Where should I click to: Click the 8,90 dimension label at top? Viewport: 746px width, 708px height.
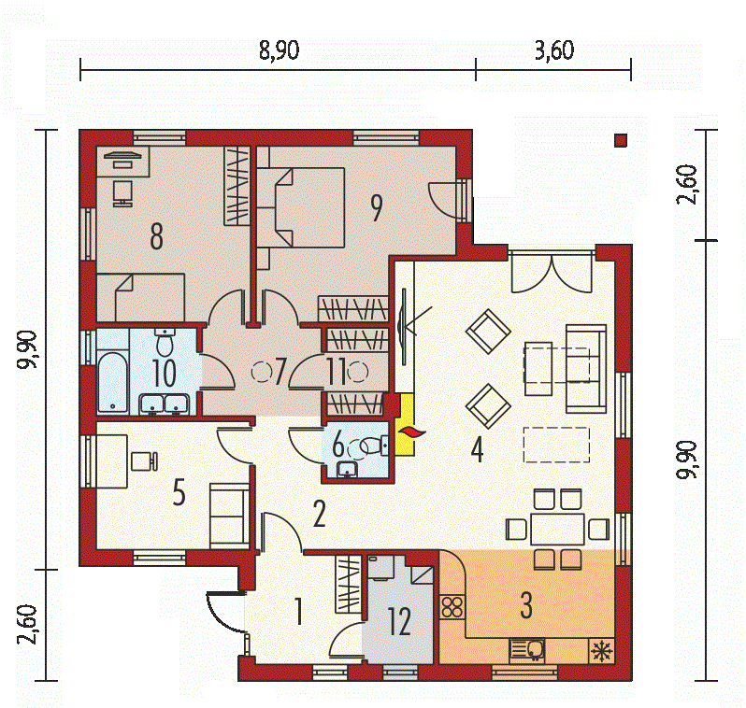[x=280, y=50]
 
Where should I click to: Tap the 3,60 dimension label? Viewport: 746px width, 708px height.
[x=554, y=50]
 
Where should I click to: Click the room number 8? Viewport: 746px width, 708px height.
[x=156, y=236]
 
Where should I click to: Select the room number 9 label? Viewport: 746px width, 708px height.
[x=377, y=208]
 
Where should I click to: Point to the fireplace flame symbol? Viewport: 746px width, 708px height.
[x=411, y=432]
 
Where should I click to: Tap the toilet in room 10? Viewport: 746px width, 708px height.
[x=165, y=343]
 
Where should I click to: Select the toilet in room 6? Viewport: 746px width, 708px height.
[x=372, y=446]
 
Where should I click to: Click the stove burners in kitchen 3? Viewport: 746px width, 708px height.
[x=452, y=607]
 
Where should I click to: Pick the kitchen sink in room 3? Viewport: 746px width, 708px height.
[x=526, y=650]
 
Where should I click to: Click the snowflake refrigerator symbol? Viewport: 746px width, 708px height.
[x=602, y=650]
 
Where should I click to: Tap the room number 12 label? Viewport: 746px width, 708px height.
[x=398, y=621]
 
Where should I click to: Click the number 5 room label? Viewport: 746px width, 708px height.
[x=179, y=492]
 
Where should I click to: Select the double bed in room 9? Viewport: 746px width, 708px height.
[x=301, y=207]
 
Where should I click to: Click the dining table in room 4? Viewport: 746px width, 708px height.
[x=557, y=529]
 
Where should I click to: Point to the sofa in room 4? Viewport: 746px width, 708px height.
[x=586, y=369]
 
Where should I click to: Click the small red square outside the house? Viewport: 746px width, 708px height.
[x=621, y=140]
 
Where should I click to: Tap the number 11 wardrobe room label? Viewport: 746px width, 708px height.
[x=337, y=372]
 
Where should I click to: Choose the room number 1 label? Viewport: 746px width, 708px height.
[x=298, y=612]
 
